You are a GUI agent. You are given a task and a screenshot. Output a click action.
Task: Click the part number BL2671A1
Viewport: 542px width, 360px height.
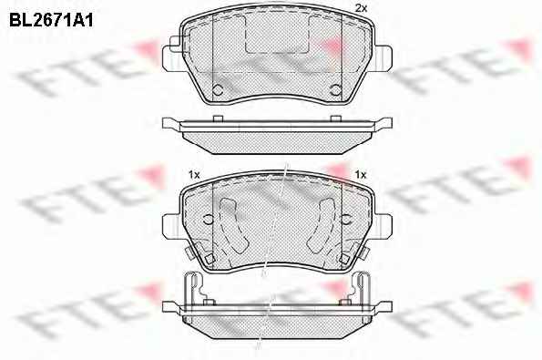[51, 21]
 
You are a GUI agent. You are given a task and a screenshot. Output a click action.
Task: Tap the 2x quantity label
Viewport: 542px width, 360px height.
[361, 8]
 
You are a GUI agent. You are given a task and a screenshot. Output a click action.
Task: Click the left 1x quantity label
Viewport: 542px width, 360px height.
[194, 175]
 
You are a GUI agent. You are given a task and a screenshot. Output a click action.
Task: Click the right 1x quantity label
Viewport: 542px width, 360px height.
[360, 175]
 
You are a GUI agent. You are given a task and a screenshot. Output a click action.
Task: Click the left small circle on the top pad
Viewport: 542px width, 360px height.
[218, 90]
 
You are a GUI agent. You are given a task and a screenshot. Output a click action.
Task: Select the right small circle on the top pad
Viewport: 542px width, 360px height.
[336, 90]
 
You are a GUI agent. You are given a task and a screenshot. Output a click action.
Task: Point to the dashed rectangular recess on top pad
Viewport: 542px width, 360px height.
[277, 35]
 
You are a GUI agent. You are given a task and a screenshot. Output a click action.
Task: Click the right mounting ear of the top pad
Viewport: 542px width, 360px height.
[383, 58]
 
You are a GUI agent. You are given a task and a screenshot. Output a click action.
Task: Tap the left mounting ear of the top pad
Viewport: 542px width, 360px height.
[170, 58]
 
